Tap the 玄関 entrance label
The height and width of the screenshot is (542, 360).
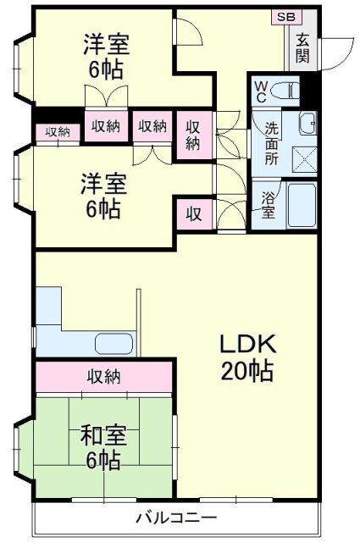click(x=302, y=50)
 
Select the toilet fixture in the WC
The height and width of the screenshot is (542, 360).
click(x=288, y=89)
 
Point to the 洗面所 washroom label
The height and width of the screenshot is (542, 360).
click(x=271, y=143)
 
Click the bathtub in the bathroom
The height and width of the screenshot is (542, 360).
click(x=301, y=205)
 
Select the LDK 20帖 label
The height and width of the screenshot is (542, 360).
click(x=247, y=357)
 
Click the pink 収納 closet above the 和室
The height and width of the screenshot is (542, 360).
click(x=104, y=375)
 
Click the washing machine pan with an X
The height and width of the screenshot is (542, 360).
click(x=301, y=158)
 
